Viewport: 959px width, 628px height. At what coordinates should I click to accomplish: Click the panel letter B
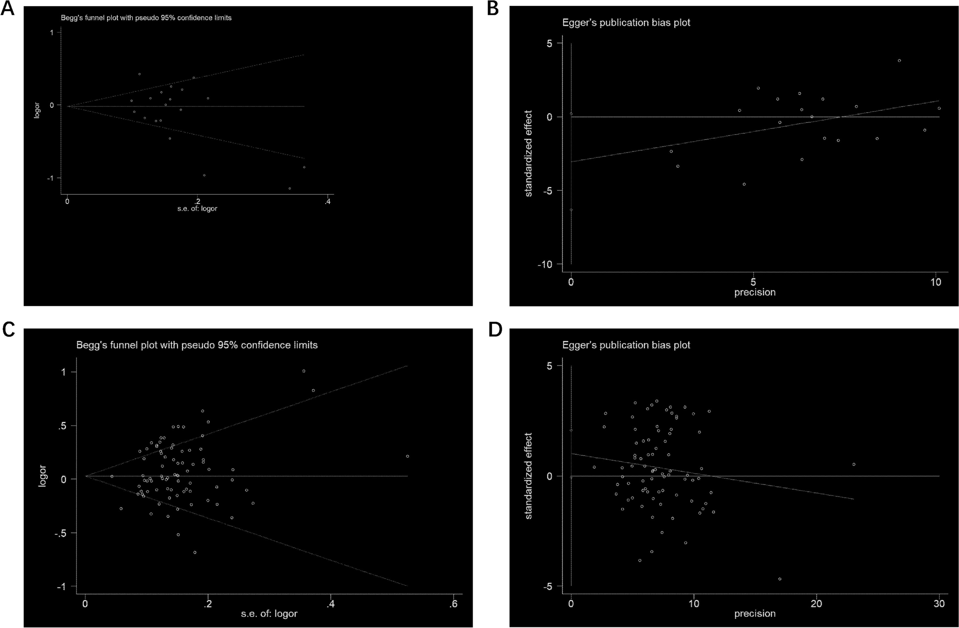tap(493, 9)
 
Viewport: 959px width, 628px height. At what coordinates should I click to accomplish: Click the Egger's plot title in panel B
tap(626, 23)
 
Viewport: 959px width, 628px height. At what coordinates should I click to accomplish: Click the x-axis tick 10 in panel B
tap(936, 282)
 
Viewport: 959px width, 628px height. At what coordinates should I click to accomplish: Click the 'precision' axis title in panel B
tap(755, 292)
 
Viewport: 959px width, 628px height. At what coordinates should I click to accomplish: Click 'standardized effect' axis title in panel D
tap(529, 476)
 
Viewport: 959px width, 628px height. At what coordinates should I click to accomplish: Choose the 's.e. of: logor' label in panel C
tap(269, 614)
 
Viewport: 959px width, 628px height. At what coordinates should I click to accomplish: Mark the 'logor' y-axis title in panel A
tap(37, 110)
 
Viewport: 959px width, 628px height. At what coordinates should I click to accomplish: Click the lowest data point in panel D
tap(780, 579)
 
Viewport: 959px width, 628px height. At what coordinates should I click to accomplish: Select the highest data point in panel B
tap(899, 60)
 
